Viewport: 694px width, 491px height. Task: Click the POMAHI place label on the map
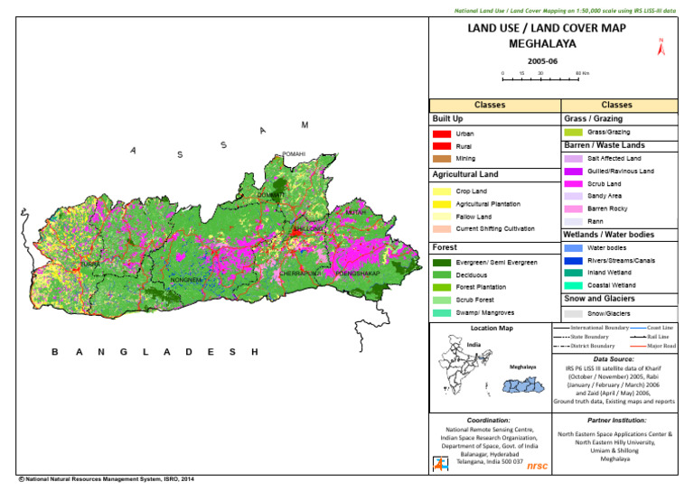[295, 154]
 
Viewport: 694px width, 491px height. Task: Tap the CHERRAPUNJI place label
[301, 272]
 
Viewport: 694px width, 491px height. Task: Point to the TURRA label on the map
[90, 264]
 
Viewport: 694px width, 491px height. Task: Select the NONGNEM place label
[186, 280]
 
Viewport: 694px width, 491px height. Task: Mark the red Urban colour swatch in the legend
[442, 134]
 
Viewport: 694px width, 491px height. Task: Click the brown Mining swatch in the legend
[442, 158]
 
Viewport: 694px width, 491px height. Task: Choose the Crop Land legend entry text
[472, 192]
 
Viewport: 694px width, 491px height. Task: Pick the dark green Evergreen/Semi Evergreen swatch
[442, 262]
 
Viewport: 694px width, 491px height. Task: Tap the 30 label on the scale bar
[539, 72]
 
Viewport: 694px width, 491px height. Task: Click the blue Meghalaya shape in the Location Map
[525, 385]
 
